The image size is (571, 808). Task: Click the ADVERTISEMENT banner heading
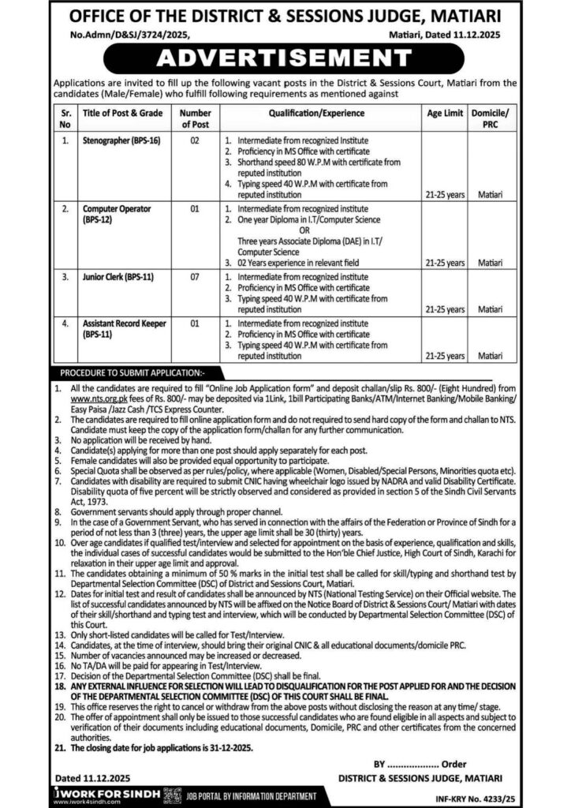pos(285,57)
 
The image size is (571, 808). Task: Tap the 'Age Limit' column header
pos(445,114)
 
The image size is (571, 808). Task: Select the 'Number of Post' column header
pos(196,119)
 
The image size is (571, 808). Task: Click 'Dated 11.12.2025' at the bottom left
pos(84,765)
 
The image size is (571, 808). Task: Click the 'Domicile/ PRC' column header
pos(490,119)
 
